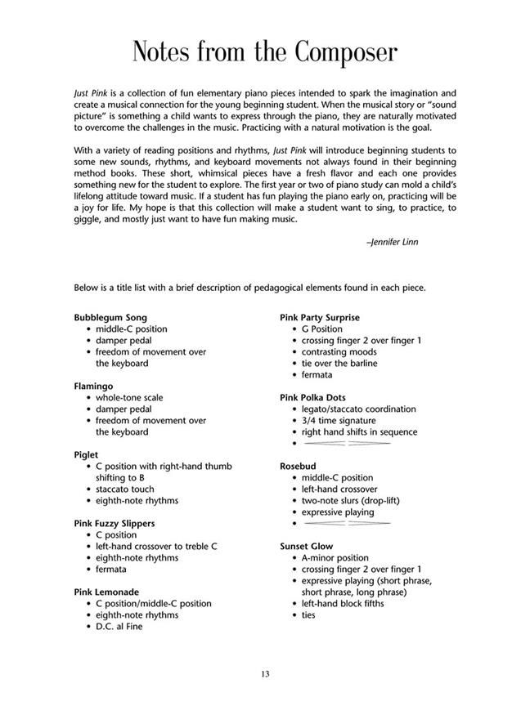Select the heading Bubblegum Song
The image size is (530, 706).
[110, 317]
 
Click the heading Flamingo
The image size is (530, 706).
[93, 386]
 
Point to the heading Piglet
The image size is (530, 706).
[86, 454]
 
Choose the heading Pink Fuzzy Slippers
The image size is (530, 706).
[114, 523]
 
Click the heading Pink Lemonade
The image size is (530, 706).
[106, 592]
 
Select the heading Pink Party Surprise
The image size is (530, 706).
[319, 317]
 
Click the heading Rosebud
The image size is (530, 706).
[299, 466]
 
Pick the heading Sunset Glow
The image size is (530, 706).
[306, 546]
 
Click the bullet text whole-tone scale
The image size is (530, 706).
[129, 397]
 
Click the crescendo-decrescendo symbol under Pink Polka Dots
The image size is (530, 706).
[346, 443]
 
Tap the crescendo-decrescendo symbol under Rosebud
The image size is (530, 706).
[346, 523]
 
